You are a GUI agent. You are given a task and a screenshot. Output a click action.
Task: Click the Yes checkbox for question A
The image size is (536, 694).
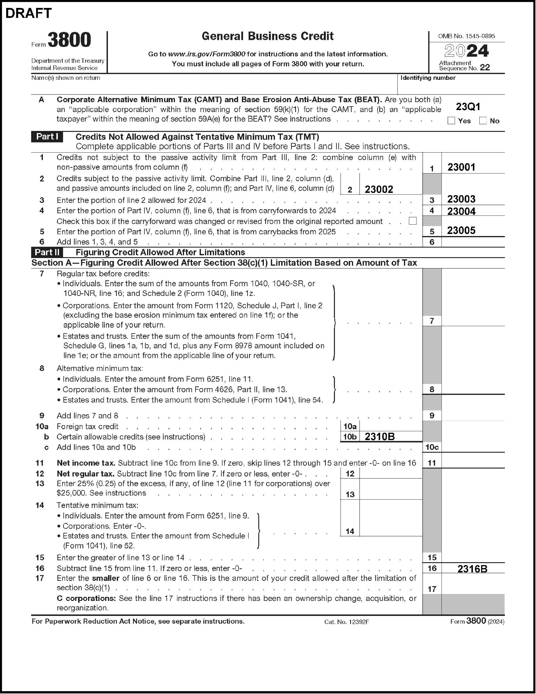tap(451, 121)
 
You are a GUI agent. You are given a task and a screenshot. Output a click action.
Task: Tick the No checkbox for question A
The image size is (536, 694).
tap(483, 121)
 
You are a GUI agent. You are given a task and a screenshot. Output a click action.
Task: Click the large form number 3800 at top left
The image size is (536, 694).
tap(69, 40)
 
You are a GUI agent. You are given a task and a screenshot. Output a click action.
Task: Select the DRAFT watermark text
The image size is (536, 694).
tap(28, 13)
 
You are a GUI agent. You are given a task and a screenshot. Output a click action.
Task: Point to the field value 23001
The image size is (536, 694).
tap(461, 167)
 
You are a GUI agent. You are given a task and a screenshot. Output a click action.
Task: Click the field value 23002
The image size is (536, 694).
tap(379, 189)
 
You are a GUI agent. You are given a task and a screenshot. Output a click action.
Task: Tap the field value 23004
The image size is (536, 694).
tap(461, 211)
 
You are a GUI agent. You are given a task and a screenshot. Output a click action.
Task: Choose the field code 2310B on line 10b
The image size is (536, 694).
tap(379, 437)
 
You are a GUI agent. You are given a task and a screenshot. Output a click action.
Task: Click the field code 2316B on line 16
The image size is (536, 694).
tap(472, 568)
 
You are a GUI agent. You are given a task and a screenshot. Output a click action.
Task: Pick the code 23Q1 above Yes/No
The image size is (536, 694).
tap(468, 107)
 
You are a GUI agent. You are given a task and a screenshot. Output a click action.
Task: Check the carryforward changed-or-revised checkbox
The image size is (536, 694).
tap(412, 221)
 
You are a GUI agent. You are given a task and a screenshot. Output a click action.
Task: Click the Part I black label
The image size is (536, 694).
tap(47, 137)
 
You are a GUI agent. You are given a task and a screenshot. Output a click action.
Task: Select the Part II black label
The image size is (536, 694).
tap(47, 252)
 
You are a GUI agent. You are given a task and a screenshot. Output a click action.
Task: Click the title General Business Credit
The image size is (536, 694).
tap(267, 36)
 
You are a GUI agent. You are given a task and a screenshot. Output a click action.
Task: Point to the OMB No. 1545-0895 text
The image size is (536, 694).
tap(466, 36)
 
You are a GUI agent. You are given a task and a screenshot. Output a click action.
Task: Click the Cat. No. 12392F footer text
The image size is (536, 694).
tap(346, 622)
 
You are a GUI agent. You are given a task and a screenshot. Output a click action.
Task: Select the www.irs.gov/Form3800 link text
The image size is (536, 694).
tap(207, 54)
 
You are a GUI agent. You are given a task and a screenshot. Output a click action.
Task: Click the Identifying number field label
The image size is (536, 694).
tap(428, 78)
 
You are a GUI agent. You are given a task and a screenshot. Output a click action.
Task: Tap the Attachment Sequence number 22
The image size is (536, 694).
tap(485, 67)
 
